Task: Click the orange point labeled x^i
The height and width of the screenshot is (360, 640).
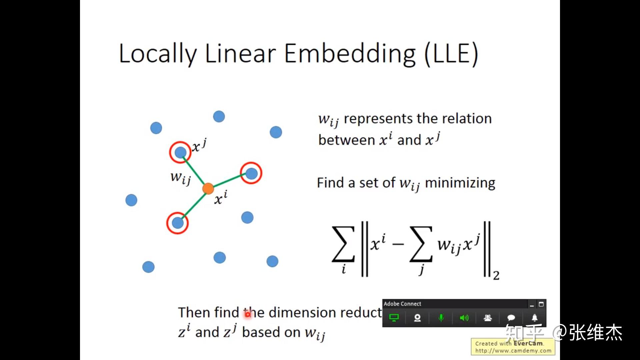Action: pos(208,189)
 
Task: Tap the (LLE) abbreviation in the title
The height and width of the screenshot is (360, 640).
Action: pos(451,54)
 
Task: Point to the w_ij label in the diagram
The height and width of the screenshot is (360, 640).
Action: pos(180,178)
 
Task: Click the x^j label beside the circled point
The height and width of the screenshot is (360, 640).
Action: pos(199,146)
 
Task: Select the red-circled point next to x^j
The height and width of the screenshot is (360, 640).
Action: pos(180,152)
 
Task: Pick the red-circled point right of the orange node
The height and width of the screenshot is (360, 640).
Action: pos(251,173)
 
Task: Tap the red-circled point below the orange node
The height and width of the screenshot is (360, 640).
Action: pos(178,223)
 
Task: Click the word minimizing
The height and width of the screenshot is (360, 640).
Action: pos(460,183)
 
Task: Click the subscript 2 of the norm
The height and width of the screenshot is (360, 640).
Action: pos(496,276)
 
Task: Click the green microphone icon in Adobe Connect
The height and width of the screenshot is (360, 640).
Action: pos(441,318)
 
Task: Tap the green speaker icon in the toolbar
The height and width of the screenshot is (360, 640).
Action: pos(464,318)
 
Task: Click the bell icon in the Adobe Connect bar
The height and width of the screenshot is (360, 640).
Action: pos(534,318)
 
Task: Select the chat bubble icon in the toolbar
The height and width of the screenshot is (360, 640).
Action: pos(511,318)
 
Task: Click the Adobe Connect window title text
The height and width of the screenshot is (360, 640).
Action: pos(402,304)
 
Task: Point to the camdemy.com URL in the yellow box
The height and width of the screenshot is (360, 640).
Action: pos(513,351)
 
